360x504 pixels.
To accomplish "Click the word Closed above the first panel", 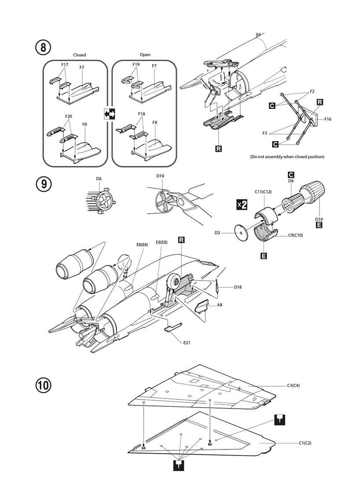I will coord(79,55).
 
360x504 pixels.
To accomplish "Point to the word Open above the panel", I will coord(145,55).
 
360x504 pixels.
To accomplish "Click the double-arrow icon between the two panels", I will coord(109,114).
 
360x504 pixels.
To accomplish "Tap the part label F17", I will coord(65,65).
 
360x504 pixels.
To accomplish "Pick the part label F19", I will coord(136,65).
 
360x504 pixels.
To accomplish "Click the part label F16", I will coord(328,119).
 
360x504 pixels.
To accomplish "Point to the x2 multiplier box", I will coord(242,205).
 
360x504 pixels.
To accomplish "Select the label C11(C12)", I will coord(263,192).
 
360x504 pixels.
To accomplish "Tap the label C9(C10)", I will coord(296,235).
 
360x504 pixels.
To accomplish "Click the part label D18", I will coord(238,287).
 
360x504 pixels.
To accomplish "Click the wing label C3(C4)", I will coord(294,385).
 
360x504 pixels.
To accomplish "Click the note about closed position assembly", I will coord(287,157).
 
